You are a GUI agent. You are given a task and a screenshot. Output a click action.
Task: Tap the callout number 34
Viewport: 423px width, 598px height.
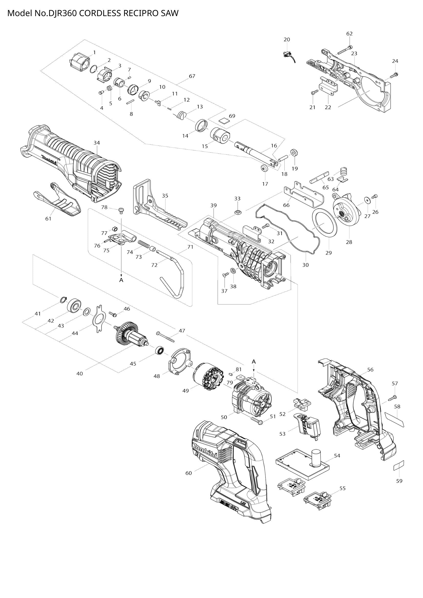point(97,143)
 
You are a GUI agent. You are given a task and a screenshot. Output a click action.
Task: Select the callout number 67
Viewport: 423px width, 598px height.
point(192,76)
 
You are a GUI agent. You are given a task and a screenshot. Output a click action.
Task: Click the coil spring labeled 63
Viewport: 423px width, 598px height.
point(344,172)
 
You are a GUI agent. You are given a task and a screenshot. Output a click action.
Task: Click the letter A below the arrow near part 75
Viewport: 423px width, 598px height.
point(121,280)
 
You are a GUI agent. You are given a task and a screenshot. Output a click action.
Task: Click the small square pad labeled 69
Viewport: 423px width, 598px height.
point(224,120)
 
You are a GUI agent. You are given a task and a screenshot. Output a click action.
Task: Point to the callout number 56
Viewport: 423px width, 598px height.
point(370,370)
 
